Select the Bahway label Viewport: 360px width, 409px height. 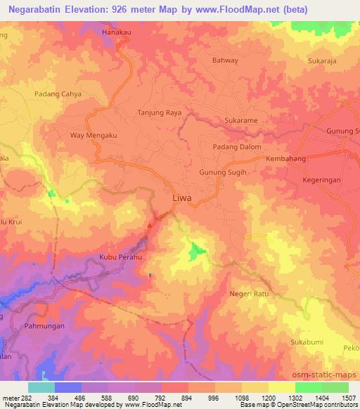click(225, 60)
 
